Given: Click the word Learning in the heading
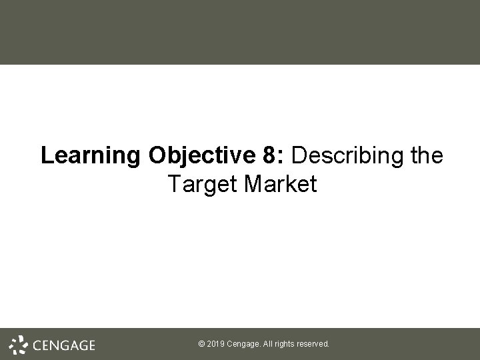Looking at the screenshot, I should pyautogui.click(x=91, y=156).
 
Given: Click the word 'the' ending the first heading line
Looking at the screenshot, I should pyautogui.click(x=425, y=155).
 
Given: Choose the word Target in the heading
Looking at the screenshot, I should pyautogui.click(x=203, y=185).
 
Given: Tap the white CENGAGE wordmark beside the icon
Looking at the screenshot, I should pyautogui.click(x=64, y=345).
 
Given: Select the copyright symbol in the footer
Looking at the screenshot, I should pyautogui.click(x=202, y=344).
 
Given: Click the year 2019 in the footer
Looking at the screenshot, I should pyautogui.click(x=216, y=344).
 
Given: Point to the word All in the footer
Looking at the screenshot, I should pyautogui.click(x=269, y=344).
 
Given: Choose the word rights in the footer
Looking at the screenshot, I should pyautogui.click(x=287, y=344).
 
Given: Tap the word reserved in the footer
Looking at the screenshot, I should pyautogui.click(x=314, y=344).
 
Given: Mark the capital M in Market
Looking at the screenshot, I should pyautogui.click(x=255, y=184).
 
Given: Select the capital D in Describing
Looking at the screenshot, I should pyautogui.click(x=299, y=155).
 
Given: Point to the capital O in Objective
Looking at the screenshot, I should pyautogui.click(x=157, y=155).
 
